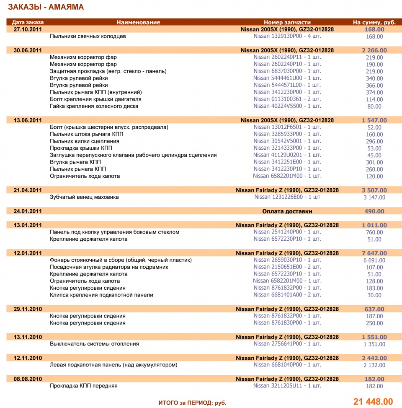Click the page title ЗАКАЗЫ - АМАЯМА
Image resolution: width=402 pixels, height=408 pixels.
pos(46,7)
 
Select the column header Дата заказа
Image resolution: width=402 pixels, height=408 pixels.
pos(28,22)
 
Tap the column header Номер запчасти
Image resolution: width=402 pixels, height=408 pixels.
pos(287,22)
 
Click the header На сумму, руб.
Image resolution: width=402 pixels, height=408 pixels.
pos(374,22)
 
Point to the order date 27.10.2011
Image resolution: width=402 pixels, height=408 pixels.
pos(28,29)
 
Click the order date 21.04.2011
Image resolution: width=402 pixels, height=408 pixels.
pos(28,190)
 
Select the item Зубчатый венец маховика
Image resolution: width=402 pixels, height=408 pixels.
pos(84,197)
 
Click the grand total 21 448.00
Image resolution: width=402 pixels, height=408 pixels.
pos(373,402)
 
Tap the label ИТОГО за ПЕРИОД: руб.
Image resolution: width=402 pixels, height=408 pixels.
pos(192,403)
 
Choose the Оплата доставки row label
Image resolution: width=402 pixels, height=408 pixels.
pos(287,211)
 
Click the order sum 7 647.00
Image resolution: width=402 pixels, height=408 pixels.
pos(374,253)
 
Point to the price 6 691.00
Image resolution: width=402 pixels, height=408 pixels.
pos(374,260)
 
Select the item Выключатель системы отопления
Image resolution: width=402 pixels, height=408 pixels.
pos(94,344)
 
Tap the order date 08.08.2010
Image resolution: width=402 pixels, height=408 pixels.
pos(28,379)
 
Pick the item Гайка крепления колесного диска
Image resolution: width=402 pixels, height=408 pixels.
pos(94,106)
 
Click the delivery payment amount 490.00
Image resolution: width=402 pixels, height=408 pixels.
pos(374,211)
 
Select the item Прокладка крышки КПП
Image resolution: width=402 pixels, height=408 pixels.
pos(81,148)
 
